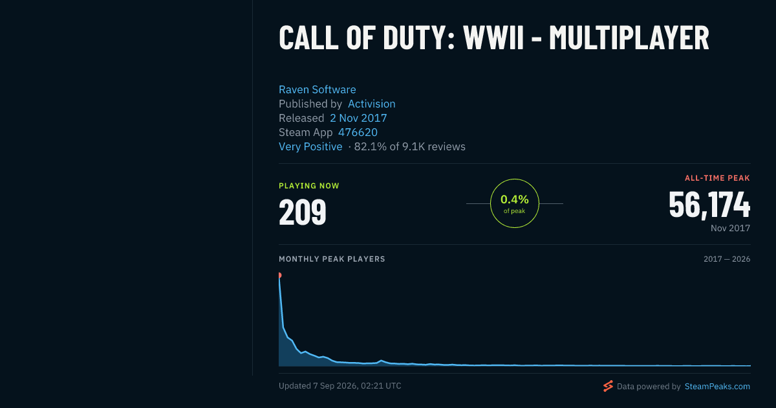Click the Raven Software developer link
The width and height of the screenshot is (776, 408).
pos(318,89)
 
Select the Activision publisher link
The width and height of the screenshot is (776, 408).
pos(371,104)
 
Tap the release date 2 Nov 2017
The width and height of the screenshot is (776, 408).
pos(358,118)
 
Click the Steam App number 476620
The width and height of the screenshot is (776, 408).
pos(358,132)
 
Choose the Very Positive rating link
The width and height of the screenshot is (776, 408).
pos(310,146)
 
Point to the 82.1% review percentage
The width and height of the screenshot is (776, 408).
pos(370,146)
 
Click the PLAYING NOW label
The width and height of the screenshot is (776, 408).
pos(309,186)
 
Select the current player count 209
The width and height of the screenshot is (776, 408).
pos(303,212)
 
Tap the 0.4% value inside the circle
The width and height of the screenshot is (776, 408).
pos(515,199)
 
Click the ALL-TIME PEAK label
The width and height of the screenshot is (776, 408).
pos(717,178)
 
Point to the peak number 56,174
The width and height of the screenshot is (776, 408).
pos(709,205)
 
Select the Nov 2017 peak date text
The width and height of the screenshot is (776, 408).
pos(730,228)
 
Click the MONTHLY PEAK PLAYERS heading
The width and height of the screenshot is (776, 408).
pos(332,259)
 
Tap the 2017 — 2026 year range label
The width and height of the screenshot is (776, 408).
pos(727,259)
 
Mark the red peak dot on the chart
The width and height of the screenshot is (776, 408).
pos(280,275)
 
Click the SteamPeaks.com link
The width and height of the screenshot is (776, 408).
pos(717,386)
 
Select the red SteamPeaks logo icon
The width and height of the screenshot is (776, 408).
pos(608,386)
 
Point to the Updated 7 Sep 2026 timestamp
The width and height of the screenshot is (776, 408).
pos(340,386)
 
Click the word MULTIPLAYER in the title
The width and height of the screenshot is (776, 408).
pos(629,38)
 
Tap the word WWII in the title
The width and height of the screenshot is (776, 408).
pos(493,38)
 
